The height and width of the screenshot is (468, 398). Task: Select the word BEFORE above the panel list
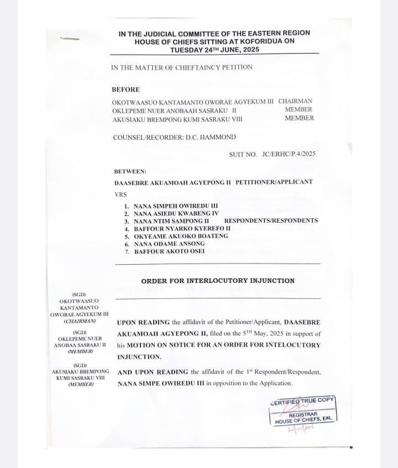(x=125, y=90)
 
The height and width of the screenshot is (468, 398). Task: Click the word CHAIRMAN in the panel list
(x=295, y=101)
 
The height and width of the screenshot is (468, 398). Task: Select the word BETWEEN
(x=130, y=171)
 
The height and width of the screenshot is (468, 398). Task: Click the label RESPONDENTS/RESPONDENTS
(x=271, y=220)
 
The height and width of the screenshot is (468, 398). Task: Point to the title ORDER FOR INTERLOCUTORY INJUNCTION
(x=218, y=281)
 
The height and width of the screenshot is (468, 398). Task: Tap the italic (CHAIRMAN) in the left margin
(x=80, y=321)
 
